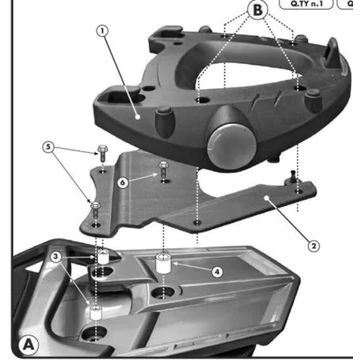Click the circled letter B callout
pos(259,12)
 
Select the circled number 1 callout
pos(100,31)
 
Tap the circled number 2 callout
pos(312,244)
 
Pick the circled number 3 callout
pos(56,257)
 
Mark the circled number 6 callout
pos(122,182)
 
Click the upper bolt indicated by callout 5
pos(104,156)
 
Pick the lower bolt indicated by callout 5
pos(94,207)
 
